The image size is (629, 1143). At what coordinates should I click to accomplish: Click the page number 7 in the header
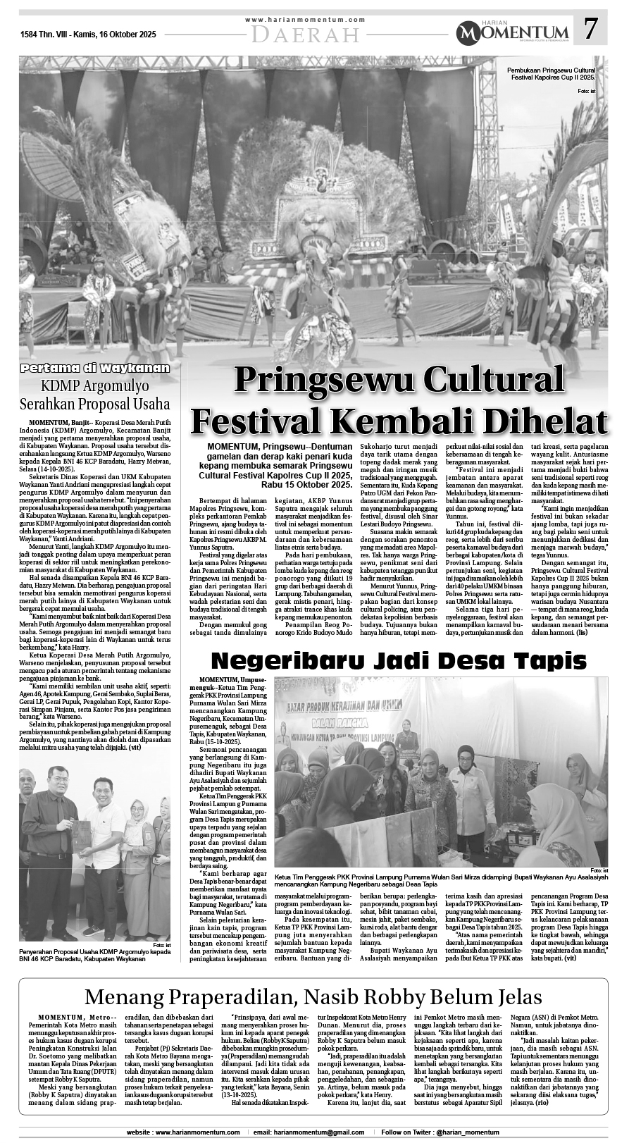pyautogui.click(x=591, y=30)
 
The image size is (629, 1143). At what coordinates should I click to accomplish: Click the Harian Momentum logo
pyautogui.click(x=512, y=31)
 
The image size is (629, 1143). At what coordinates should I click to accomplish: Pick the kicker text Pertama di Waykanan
pyautogui.click(x=95, y=368)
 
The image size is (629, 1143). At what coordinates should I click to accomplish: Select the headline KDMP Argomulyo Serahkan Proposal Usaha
pyautogui.click(x=95, y=395)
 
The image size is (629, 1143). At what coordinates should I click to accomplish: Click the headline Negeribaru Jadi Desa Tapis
pyautogui.click(x=399, y=660)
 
